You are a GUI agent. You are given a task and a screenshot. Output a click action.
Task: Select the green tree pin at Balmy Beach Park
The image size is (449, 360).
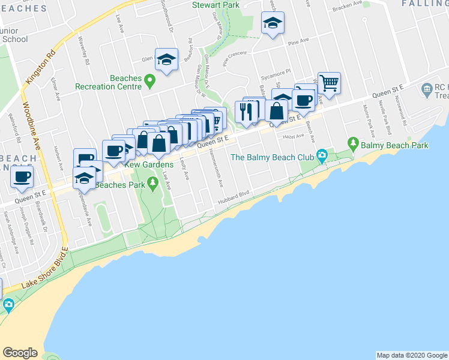tap(354, 145)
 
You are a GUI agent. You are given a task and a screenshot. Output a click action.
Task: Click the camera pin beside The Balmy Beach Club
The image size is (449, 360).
tap(322, 157)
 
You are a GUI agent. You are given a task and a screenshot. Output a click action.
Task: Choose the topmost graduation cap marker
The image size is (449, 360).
tap(273, 23)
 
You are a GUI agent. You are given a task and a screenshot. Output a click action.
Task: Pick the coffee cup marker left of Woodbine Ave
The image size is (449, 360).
tap(22, 177)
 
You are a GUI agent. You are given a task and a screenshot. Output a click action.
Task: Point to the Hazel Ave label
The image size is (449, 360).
tap(294, 137)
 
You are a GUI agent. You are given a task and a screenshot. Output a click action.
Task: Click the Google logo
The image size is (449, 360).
tap(20, 353)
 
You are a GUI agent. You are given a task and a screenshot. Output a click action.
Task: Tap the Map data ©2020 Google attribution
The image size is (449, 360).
tap(411, 355)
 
